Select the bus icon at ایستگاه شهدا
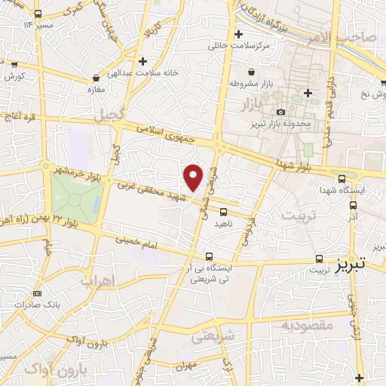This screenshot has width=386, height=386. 343,179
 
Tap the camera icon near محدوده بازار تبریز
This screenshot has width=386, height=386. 281,112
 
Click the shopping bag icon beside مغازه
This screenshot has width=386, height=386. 96,78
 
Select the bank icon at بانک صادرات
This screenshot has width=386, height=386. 38,294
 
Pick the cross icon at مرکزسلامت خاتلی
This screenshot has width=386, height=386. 239,34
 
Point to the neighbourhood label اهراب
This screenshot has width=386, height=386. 96,280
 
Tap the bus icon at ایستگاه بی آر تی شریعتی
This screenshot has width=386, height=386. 209,256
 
